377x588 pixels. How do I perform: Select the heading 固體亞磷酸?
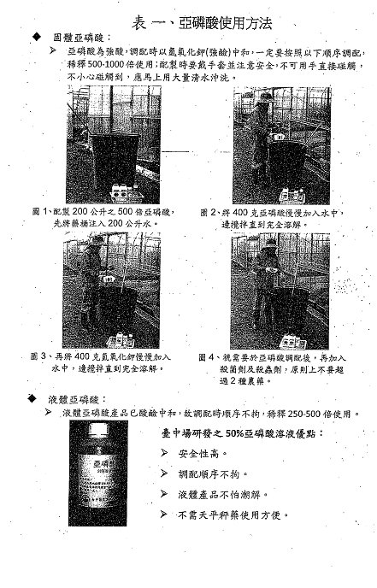click(x=79, y=38)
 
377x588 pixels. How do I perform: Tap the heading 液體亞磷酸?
click(x=79, y=399)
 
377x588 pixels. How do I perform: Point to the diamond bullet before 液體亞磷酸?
click(x=34, y=399)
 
